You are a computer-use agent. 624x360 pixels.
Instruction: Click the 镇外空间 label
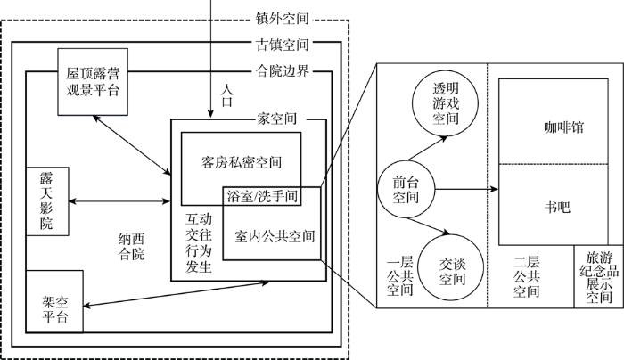click(x=283, y=19)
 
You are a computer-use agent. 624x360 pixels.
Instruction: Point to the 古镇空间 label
click(x=283, y=45)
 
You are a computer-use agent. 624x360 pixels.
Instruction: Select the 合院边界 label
click(x=283, y=70)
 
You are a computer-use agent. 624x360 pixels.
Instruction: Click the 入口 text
click(x=226, y=95)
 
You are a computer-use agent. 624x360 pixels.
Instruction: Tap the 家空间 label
click(x=276, y=119)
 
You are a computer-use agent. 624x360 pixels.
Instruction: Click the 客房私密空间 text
click(x=242, y=162)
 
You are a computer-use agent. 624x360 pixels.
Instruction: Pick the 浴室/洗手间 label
click(x=262, y=196)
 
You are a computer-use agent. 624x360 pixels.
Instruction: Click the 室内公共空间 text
click(x=275, y=237)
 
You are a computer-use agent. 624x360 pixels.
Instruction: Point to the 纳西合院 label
click(x=131, y=247)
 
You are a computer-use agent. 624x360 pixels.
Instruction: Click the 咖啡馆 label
click(x=563, y=127)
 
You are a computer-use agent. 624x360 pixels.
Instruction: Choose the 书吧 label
click(x=557, y=207)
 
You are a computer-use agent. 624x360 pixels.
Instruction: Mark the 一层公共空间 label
click(x=400, y=276)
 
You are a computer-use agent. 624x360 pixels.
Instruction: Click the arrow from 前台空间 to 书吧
click(x=466, y=189)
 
